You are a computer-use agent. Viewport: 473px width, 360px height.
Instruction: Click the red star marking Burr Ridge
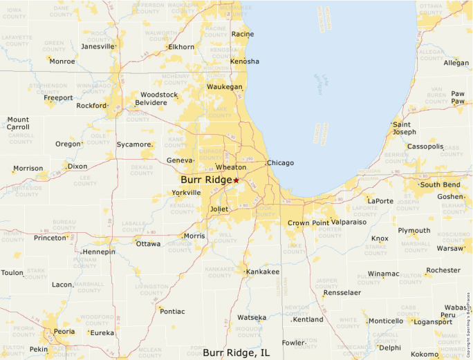pyautogui.click(x=236, y=180)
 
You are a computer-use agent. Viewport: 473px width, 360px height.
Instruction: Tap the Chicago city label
pyautogui.click(x=280, y=163)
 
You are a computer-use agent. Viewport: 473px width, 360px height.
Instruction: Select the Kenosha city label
pyautogui.click(x=245, y=61)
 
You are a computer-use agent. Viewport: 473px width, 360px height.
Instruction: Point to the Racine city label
pyautogui.click(x=242, y=34)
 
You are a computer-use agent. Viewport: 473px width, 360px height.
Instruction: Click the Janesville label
pyautogui.click(x=98, y=46)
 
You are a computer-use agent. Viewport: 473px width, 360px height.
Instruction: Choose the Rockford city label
pyautogui.click(x=91, y=106)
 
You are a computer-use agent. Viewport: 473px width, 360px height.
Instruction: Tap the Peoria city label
pyautogui.click(x=64, y=332)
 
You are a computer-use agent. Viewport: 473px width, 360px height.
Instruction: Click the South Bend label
pyautogui.click(x=440, y=184)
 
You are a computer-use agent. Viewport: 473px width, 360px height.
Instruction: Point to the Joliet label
pyautogui.click(x=219, y=209)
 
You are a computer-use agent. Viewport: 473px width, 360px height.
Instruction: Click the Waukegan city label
pyautogui.click(x=225, y=87)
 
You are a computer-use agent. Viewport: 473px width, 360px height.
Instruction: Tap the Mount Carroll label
pyautogui.click(x=18, y=123)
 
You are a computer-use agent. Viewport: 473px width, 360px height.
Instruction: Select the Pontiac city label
pyautogui.click(x=172, y=312)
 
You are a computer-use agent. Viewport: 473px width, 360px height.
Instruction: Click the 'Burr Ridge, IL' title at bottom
pyautogui.click(x=236, y=353)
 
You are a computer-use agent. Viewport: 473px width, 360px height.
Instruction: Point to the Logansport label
pyautogui.click(x=432, y=321)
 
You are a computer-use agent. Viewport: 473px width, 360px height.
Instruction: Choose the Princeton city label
pyautogui.click(x=50, y=238)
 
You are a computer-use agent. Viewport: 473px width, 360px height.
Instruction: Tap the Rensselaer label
pyautogui.click(x=342, y=292)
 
